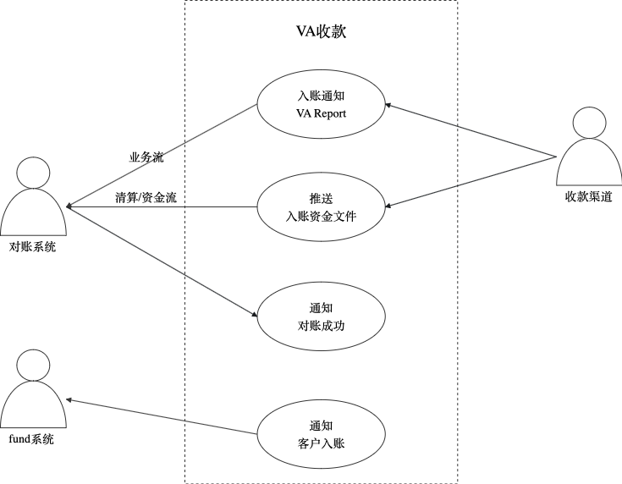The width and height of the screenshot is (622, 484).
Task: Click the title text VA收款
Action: click(x=321, y=33)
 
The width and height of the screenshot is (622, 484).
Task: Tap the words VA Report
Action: click(x=321, y=113)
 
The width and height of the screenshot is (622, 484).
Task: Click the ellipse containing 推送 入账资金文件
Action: click(x=321, y=206)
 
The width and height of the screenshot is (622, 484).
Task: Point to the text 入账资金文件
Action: click(x=321, y=217)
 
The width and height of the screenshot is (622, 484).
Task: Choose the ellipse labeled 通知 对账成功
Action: click(x=321, y=317)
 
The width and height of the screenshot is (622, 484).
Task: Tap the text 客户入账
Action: click(x=321, y=443)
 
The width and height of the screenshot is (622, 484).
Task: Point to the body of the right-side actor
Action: click(x=589, y=164)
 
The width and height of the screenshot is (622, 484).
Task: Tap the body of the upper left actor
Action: click(x=33, y=215)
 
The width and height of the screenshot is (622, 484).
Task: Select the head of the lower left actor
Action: click(x=33, y=366)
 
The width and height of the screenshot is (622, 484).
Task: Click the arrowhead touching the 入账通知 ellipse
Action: click(x=388, y=105)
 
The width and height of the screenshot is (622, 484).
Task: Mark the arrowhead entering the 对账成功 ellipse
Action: click(x=253, y=315)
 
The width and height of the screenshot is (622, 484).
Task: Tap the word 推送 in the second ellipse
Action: click(x=321, y=198)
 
